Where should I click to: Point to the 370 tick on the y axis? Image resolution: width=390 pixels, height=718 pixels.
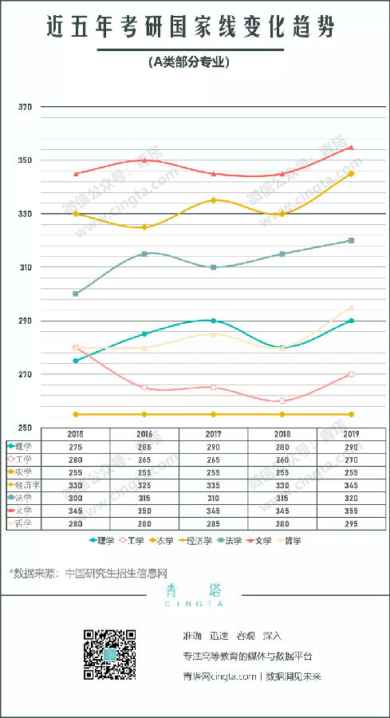(x=25, y=107)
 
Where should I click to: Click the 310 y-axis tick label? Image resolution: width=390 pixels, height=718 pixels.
(x=25, y=267)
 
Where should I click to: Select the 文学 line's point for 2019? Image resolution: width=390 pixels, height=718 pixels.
(x=351, y=148)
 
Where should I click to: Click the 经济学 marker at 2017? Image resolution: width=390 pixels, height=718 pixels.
(x=213, y=200)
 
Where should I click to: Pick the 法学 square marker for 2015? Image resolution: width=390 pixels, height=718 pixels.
(x=76, y=294)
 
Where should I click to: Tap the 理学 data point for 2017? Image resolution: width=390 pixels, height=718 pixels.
(x=213, y=321)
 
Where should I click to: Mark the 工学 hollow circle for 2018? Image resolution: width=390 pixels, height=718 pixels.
(x=282, y=400)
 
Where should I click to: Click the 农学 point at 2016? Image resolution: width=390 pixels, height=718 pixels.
(x=144, y=414)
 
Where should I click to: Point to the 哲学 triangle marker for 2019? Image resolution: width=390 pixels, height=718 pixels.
(x=351, y=307)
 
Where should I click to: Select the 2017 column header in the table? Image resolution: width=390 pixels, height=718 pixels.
(x=214, y=433)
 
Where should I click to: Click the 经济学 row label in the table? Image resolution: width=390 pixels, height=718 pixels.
(x=24, y=484)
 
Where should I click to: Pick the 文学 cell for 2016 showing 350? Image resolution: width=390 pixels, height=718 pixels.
(x=144, y=510)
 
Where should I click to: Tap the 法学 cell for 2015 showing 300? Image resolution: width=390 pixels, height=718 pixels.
(x=76, y=497)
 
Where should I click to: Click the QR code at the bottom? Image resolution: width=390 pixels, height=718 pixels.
(x=109, y=654)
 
